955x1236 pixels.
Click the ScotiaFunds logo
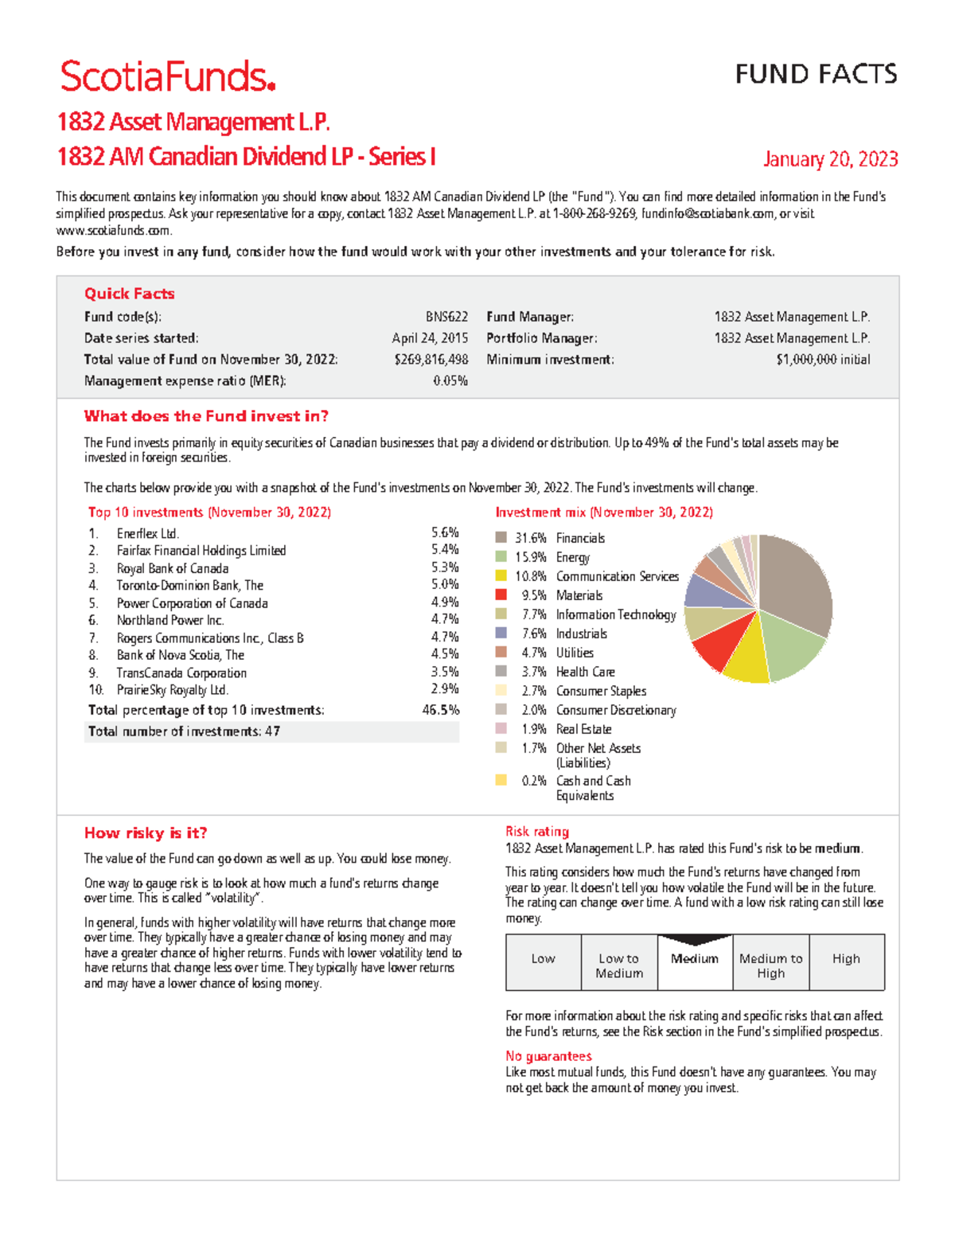pos(167,77)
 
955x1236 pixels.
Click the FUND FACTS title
pos(816,74)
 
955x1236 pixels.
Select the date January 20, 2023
pos(830,159)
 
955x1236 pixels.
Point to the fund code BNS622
pos(446,317)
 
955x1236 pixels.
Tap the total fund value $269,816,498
pos(431,360)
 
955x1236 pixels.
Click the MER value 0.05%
pos(450,381)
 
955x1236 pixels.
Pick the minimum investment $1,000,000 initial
pos(823,360)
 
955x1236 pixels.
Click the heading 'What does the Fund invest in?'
pos(206,416)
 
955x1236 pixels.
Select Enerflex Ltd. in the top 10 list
pos(148,533)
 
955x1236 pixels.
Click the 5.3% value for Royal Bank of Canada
pos(445,567)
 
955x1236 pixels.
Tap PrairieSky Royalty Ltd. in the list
pos(173,690)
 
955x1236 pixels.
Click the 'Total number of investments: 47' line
pos(184,731)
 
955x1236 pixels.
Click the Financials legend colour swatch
pos(501,538)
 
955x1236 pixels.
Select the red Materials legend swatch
pos(501,595)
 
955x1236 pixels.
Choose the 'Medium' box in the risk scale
pos(695,961)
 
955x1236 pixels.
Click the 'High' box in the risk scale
pos(846,961)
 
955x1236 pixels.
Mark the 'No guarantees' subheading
pos(548,1056)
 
